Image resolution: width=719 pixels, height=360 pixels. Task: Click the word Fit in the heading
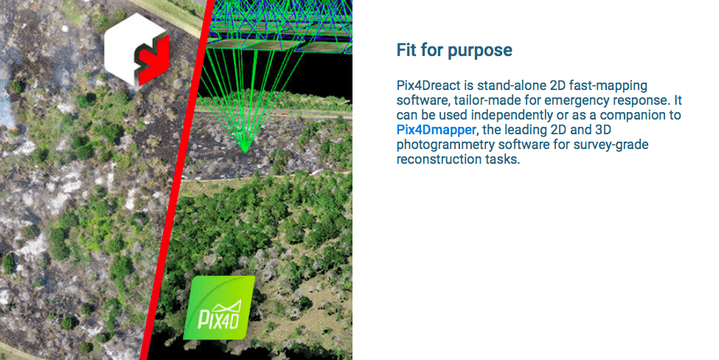tap(406, 50)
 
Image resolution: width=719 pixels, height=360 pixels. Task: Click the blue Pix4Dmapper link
tap(436, 130)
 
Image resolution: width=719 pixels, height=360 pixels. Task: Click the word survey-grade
tap(611, 145)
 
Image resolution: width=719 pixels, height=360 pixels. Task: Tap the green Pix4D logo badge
tap(219, 308)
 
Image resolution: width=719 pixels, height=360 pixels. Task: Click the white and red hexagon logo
tap(136, 49)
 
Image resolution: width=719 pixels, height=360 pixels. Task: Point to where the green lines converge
tap(246, 150)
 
